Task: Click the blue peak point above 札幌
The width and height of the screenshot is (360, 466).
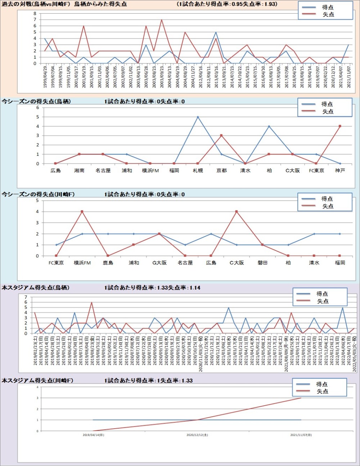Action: click(x=198, y=117)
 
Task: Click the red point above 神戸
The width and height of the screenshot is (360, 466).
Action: click(x=340, y=126)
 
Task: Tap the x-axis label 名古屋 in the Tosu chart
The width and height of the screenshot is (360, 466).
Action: click(x=103, y=171)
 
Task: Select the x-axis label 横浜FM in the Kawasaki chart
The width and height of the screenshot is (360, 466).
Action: click(x=82, y=263)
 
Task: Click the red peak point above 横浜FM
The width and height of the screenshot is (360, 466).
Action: click(x=82, y=212)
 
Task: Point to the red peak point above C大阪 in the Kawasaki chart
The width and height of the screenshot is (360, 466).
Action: click(x=237, y=212)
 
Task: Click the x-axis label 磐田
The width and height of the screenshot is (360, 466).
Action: click(x=262, y=263)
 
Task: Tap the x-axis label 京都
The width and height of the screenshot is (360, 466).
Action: click(x=221, y=171)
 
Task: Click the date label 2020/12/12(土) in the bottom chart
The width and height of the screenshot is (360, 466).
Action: click(x=197, y=435)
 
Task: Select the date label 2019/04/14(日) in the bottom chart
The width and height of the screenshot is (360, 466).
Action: click(x=93, y=435)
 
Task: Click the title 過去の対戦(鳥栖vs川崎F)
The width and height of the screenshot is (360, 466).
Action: click(x=36, y=4)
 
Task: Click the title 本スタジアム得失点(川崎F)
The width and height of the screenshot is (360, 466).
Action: click(x=37, y=380)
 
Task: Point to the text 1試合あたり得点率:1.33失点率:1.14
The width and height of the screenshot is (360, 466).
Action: click(x=152, y=288)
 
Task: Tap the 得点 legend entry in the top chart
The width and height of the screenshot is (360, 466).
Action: click(x=328, y=7)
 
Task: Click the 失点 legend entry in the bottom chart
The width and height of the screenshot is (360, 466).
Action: click(x=322, y=391)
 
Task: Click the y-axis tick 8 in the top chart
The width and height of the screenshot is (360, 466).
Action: click(x=35, y=14)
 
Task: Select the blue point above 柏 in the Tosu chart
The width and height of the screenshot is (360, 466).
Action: click(x=269, y=126)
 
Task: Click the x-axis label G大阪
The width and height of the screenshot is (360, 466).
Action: click(x=159, y=263)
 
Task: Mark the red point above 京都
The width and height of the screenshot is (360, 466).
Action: click(x=221, y=136)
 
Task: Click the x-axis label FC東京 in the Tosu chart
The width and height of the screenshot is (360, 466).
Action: click(x=316, y=171)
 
